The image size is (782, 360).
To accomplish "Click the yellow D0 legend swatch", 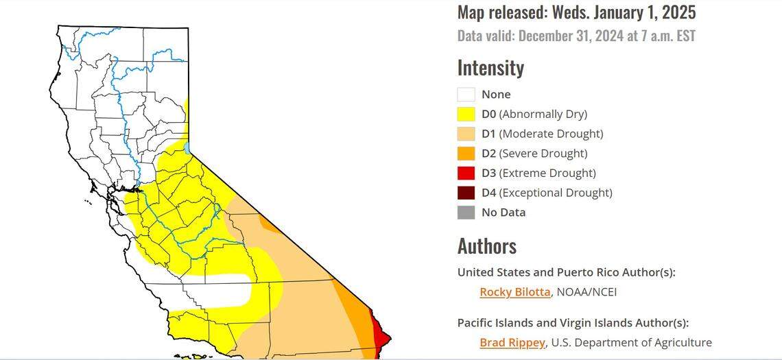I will point(466,114).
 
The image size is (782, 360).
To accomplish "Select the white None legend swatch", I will point(466,95).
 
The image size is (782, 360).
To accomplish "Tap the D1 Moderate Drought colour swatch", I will point(466,134).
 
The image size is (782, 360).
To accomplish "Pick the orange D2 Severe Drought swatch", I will point(466,154).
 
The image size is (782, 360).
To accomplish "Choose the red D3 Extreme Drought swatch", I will point(466,173).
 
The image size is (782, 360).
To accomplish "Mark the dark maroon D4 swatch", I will point(466,193).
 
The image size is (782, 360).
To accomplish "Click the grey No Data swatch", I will point(466,213).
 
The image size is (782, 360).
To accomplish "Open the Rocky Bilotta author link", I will point(514,292).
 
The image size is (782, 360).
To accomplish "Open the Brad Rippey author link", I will point(512,342).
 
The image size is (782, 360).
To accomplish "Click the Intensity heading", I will point(490,68).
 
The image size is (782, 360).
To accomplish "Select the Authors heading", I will point(487,246).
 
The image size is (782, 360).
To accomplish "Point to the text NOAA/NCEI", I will point(586,292).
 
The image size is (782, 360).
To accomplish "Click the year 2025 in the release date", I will point(677,12).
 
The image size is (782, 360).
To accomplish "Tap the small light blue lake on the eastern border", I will point(187,147).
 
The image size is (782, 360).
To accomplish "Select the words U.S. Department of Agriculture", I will point(630,342).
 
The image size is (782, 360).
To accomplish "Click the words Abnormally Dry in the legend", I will point(543,114).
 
